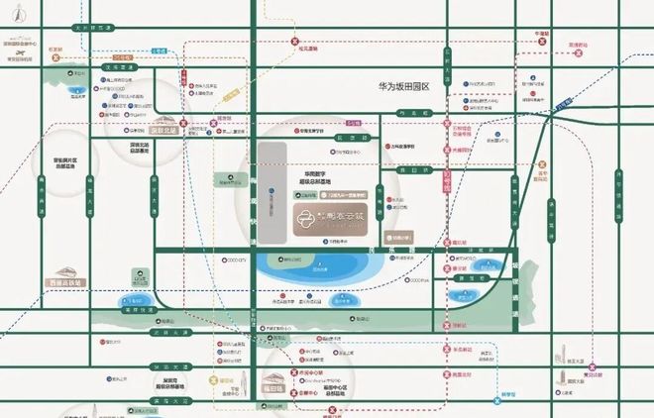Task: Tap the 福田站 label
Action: click(272, 383)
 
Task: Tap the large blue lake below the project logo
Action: click(317, 268)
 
